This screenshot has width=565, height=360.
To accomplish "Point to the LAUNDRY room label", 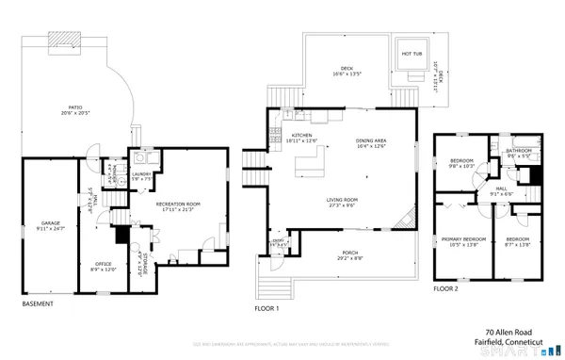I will (142, 173).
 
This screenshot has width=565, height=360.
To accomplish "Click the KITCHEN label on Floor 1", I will (301, 136).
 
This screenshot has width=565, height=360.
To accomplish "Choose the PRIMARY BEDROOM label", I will (462, 240).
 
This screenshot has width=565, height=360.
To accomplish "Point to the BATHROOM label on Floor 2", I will (520, 150).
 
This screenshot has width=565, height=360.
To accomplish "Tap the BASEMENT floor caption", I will (38, 304).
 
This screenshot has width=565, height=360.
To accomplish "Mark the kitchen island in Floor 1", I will (308, 166).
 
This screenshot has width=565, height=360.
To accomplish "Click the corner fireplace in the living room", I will (404, 221).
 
